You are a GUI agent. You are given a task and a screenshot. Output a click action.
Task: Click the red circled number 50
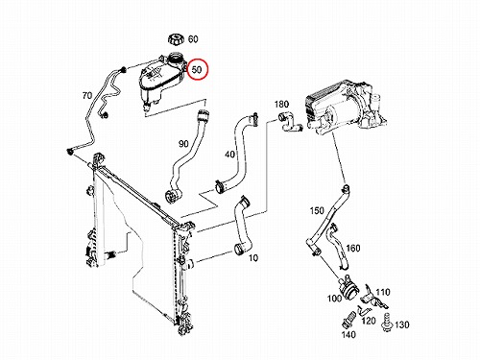(198, 69)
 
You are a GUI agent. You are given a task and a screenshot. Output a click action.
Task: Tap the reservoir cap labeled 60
(176, 40)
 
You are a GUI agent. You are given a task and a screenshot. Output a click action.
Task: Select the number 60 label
(193, 39)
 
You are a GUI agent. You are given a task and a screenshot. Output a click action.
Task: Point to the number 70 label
(87, 95)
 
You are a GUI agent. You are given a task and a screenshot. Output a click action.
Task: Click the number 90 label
(183, 144)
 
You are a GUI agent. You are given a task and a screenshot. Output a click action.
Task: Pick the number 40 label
(229, 155)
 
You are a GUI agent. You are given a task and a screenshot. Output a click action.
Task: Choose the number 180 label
(281, 105)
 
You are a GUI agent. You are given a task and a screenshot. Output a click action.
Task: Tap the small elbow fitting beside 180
(290, 122)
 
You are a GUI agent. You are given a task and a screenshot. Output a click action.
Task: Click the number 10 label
(253, 257)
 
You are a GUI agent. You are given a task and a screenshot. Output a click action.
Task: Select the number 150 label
(317, 211)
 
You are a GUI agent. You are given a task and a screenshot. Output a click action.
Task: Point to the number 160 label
(353, 248)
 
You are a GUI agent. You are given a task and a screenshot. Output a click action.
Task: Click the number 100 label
(334, 299)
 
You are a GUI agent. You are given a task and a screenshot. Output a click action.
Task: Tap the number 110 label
(383, 292)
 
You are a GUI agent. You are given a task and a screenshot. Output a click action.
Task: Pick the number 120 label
(369, 321)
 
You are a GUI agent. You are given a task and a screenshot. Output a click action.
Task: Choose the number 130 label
(402, 324)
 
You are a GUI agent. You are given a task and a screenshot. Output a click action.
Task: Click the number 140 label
(348, 334)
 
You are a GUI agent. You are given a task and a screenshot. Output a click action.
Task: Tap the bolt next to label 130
(387, 323)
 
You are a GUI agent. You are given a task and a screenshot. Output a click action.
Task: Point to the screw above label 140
(348, 319)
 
